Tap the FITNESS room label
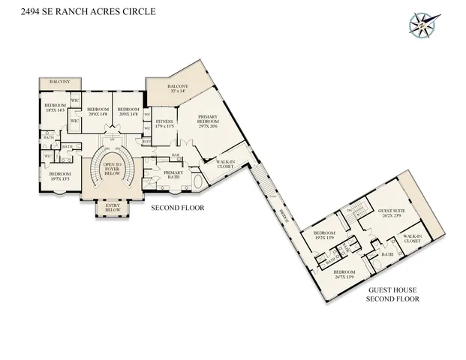[x=164, y=124]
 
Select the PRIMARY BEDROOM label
[x=207, y=121]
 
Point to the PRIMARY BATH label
[x=173, y=175]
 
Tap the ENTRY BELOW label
[x=113, y=208]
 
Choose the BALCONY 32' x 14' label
[x=178, y=89]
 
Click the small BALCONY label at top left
[x=59, y=82]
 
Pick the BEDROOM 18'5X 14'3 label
[x=56, y=108]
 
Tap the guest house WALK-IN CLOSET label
[x=412, y=239]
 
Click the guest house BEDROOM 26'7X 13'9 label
[x=344, y=274]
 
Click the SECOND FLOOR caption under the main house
[x=178, y=208]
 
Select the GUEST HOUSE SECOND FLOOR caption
[x=392, y=294]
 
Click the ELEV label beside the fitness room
[x=147, y=141]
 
